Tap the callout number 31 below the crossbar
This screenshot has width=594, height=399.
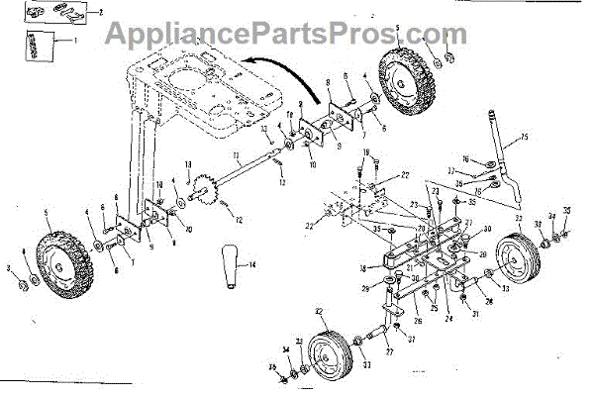click(476, 315)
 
